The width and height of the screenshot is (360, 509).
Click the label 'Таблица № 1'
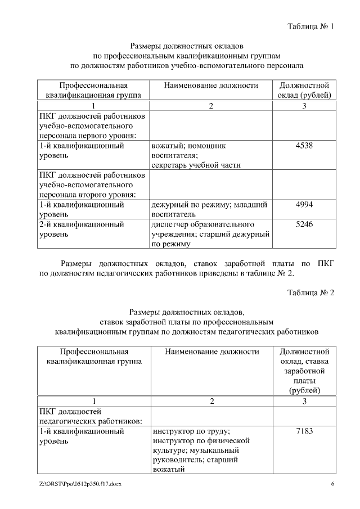(310, 26)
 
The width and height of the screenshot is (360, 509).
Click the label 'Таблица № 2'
(310, 292)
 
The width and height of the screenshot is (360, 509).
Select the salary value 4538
(304, 146)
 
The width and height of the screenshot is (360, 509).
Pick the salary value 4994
(304, 205)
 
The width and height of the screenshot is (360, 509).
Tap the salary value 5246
(304, 224)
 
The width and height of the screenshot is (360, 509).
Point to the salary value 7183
(304, 431)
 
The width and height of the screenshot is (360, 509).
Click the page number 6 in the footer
(332, 484)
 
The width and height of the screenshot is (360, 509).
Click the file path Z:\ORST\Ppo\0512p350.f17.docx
(80, 484)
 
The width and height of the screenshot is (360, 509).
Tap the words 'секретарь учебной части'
(196, 165)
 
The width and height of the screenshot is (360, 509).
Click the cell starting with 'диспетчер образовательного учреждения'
(211, 234)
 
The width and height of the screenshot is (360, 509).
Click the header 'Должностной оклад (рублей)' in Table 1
(304, 90)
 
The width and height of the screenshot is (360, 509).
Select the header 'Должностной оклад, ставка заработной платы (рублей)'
(304, 371)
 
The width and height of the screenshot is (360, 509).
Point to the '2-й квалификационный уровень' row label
(82, 229)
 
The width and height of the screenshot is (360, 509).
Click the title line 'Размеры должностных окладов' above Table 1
(186, 46)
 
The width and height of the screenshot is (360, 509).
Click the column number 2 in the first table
(211, 106)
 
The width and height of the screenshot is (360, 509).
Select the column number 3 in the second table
(304, 401)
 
